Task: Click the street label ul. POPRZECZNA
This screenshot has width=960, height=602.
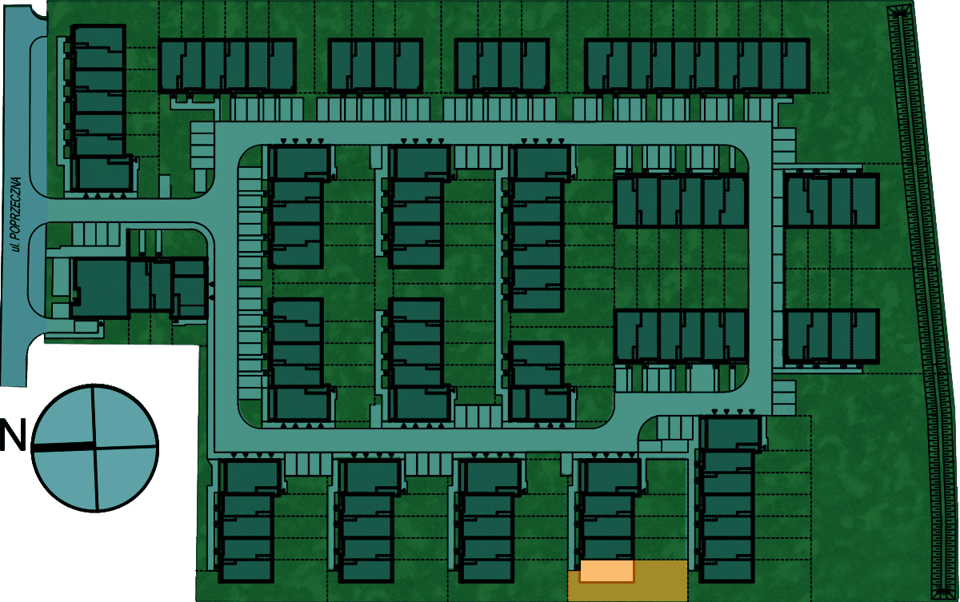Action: tap(16, 214)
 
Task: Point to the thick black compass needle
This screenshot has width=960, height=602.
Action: tap(63, 446)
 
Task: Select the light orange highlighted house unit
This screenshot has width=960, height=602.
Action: tap(607, 571)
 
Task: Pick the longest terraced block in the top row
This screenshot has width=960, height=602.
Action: tap(697, 66)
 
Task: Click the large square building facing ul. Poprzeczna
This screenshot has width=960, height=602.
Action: tap(100, 287)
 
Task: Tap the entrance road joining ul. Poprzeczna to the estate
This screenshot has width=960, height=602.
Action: tap(129, 210)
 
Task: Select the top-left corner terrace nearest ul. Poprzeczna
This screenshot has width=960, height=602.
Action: tap(98, 107)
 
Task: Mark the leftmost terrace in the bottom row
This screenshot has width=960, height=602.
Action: tap(247, 520)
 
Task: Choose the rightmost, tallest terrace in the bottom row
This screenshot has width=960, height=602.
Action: tap(728, 499)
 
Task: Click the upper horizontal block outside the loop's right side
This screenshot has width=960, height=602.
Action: tap(831, 201)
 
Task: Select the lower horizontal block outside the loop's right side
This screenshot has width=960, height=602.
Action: tap(831, 337)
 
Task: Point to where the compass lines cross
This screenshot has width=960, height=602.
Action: tap(94, 447)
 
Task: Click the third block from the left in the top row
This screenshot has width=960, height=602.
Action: tap(502, 66)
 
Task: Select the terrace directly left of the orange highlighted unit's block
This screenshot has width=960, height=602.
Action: tap(487, 520)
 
